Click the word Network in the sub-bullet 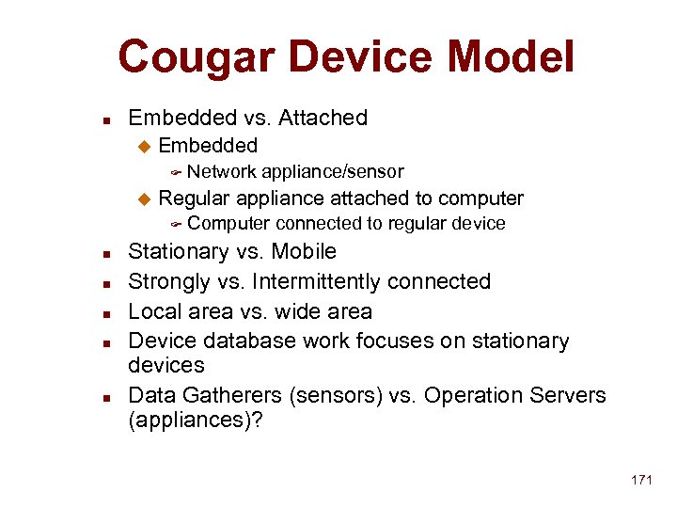tap(222, 171)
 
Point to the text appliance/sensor tap(333, 171)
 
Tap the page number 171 tap(641, 480)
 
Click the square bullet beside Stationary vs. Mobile tap(108, 253)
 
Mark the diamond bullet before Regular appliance tap(144, 198)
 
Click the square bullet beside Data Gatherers tap(108, 396)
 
